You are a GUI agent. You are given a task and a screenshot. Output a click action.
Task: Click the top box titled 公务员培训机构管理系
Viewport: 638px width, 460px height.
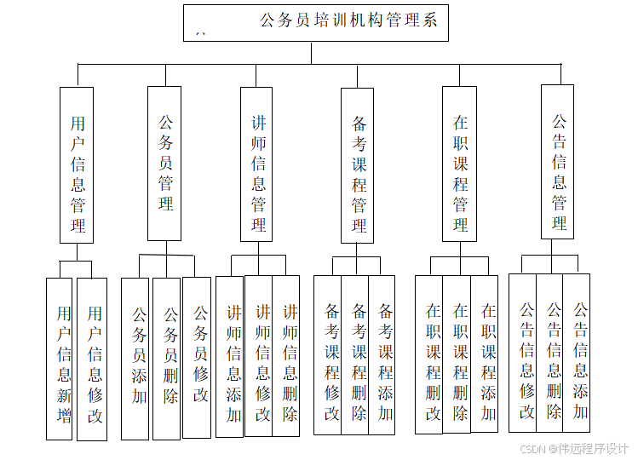tap(315, 23)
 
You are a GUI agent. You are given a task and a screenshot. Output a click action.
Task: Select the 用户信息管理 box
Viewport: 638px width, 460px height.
tap(77, 164)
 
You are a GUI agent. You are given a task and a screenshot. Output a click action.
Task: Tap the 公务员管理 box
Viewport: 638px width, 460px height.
tap(164, 163)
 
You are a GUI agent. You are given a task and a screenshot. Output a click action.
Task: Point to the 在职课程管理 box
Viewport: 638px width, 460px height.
tap(459, 164)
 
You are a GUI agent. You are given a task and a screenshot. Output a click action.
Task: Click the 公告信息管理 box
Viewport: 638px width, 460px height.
tap(558, 162)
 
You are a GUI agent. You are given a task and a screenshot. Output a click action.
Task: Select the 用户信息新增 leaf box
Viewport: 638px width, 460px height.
tap(60, 359)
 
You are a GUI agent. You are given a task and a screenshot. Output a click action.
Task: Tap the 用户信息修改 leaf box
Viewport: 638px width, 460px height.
tap(92, 359)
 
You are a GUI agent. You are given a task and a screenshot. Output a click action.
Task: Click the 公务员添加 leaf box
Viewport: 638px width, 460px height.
tap(135, 359)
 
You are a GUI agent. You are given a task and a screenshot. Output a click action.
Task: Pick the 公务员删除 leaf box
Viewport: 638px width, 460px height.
tap(166, 359)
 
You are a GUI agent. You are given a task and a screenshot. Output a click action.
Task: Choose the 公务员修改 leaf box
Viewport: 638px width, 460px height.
tap(197, 358)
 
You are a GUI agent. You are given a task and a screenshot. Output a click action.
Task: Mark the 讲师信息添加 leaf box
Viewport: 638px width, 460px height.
tap(230, 356)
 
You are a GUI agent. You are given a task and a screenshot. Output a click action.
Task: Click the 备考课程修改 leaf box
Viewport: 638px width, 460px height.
tap(328, 355)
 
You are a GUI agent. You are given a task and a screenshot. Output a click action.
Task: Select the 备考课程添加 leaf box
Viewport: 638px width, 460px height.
tap(382, 355)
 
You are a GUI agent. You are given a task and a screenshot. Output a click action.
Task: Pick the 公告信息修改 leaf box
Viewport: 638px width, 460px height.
tap(523, 353)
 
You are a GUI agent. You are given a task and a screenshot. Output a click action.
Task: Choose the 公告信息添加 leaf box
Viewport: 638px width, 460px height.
tap(577, 353)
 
